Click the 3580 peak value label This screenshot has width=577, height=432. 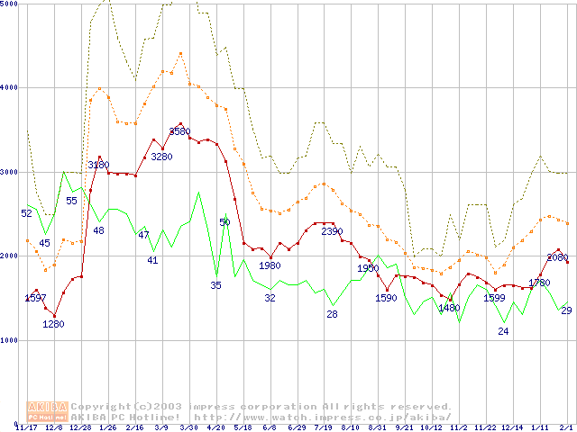pos(179,131)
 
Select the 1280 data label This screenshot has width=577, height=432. pos(53,324)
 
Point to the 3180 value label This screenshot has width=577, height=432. pos(98,165)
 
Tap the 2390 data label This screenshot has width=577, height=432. pos(332,231)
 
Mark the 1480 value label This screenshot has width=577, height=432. pos(449,308)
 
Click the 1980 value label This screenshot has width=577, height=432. pos(270,265)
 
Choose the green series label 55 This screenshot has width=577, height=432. pos(71,201)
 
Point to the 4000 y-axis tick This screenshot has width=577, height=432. pos(10,87)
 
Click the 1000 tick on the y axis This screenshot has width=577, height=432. pos(10,340)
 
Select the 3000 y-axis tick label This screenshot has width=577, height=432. pos(10,172)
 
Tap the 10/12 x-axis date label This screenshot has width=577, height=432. pos(431,427)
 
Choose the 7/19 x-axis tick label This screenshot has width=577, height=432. pos(323,427)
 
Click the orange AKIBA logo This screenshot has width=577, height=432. pos(47,411)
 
